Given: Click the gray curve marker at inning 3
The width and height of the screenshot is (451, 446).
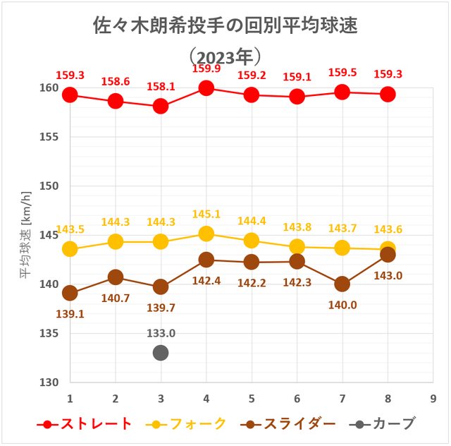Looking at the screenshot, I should [x=161, y=352].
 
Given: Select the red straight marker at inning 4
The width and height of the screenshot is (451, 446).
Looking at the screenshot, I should [x=206, y=88].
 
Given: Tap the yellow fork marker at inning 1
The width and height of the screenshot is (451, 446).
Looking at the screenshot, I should [x=70, y=248].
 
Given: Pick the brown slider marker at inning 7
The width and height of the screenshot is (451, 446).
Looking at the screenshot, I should [x=342, y=284].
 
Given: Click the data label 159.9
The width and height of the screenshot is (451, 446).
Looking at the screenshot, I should [x=206, y=69].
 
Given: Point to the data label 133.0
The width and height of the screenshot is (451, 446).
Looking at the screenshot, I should [x=161, y=334].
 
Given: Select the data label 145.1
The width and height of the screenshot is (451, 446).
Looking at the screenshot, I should [x=206, y=214].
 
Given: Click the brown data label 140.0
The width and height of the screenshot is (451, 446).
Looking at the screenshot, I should [x=342, y=305].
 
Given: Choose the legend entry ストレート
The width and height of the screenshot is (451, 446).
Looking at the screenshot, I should [x=85, y=424].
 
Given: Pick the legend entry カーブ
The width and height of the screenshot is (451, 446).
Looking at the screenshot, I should [x=384, y=424].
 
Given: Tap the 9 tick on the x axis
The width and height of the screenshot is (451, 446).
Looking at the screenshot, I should [x=433, y=397].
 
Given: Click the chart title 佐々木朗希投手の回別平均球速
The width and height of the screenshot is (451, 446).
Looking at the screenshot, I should [x=225, y=25].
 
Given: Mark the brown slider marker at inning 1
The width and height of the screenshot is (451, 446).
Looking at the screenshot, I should [x=70, y=293].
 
